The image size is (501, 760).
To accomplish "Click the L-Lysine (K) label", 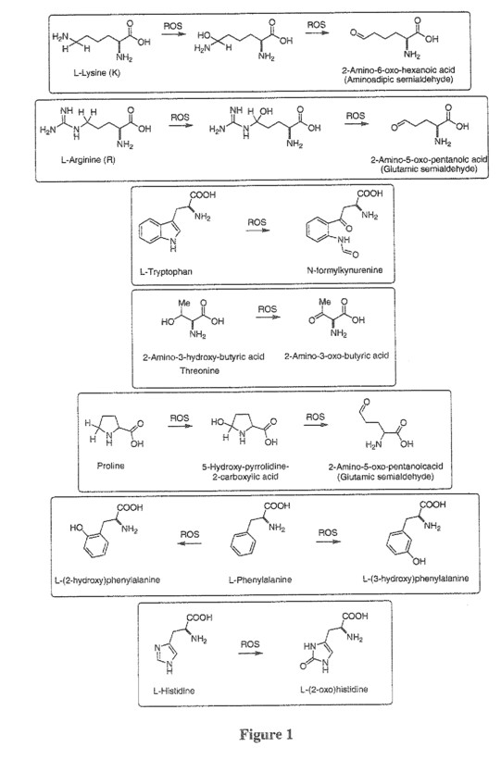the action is [x=96, y=73].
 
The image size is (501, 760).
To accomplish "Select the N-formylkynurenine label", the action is [x=344, y=270].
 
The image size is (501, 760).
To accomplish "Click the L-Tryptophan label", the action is [x=166, y=271].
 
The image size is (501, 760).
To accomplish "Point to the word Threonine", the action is [x=200, y=371].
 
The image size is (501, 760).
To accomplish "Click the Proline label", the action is [x=110, y=466].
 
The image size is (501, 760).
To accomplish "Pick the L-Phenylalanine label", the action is [x=260, y=579].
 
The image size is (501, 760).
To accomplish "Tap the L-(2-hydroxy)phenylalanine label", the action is [x=107, y=579].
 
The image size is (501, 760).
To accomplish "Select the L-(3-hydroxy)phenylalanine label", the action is [x=416, y=579].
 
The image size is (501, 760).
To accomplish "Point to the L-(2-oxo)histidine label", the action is [x=334, y=690].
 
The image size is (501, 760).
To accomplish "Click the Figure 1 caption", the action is [x=267, y=735].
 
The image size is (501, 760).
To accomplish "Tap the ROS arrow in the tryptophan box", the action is [x=257, y=230].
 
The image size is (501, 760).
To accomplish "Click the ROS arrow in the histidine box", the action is [x=250, y=653].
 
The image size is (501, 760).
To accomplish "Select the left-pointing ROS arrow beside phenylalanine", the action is [x=189, y=542].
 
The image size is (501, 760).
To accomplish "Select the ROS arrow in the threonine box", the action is [x=269, y=318].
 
